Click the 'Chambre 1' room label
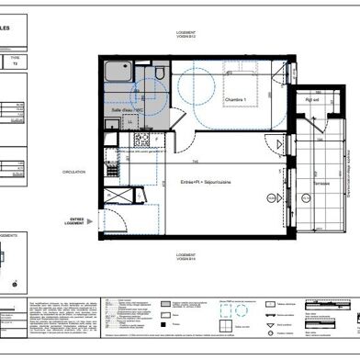(x=234, y=101)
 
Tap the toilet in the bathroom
(x=159, y=72)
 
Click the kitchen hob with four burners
(x=142, y=140)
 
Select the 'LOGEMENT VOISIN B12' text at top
(x=191, y=36)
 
